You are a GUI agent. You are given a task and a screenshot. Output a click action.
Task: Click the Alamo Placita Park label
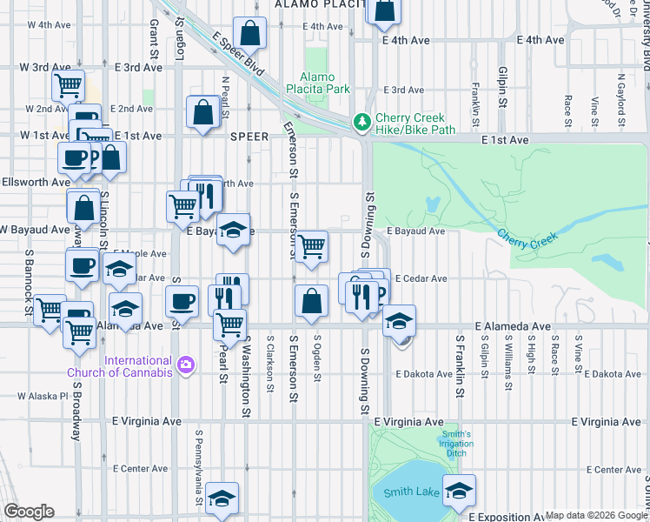[325, 83]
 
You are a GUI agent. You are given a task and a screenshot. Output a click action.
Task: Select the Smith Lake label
[411, 492]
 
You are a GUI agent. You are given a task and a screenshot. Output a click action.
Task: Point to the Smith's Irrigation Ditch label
[456, 444]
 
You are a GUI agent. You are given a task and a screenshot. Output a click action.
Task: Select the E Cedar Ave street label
[421, 278]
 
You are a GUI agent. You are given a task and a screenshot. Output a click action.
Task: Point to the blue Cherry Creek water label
[525, 238]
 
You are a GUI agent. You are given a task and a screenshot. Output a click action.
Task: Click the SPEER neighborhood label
[250, 137]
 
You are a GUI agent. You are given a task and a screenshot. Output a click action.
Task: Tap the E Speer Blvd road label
[237, 52]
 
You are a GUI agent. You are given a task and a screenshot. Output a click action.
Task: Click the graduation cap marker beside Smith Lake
[459, 491]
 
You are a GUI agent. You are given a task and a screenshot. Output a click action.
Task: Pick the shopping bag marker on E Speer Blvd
[249, 34]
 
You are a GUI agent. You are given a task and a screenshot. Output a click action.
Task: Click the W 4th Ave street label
[49, 25]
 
